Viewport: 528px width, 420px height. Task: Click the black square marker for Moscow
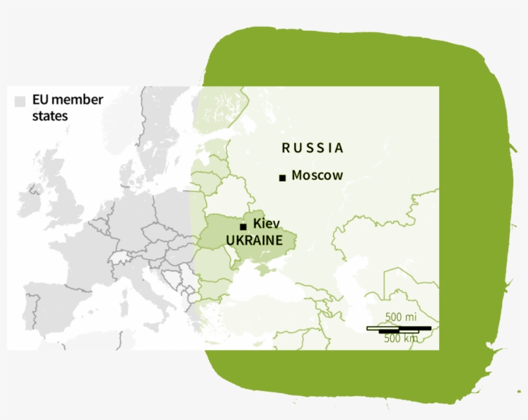[x=282, y=178]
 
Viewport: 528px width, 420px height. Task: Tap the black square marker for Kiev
[x=243, y=227]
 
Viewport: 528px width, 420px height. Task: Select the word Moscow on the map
[x=317, y=175]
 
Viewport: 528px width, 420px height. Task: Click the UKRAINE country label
[x=254, y=240]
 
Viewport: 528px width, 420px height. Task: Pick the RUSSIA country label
[x=313, y=148]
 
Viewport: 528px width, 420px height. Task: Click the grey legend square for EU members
[x=20, y=101]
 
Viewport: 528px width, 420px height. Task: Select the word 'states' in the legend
[x=50, y=117]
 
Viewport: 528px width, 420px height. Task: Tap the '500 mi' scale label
[x=401, y=318]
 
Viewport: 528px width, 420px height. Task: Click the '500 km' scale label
[x=401, y=338]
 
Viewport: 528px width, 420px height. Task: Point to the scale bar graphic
[x=399, y=329]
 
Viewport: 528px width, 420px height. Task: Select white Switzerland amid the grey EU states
[x=118, y=258]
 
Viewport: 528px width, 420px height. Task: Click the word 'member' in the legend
[x=80, y=100]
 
